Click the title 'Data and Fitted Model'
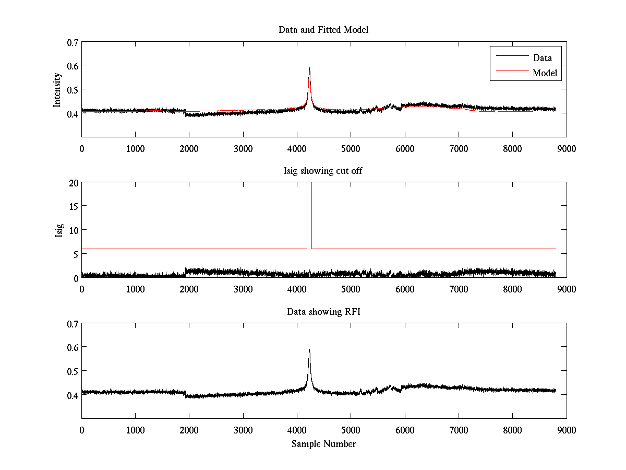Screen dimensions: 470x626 pyautogui.click(x=323, y=30)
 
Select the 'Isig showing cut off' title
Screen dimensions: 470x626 pyautogui.click(x=323, y=171)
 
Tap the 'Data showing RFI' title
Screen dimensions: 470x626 pyautogui.click(x=323, y=312)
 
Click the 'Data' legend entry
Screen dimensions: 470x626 pyautogui.click(x=542, y=58)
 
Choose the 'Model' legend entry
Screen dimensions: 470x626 pyautogui.click(x=545, y=73)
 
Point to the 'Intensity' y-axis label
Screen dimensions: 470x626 pyautogui.click(x=58, y=89)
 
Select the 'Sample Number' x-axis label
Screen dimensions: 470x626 pyautogui.click(x=323, y=444)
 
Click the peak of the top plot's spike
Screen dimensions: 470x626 pyautogui.click(x=309, y=68)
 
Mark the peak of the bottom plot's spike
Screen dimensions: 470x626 pyautogui.click(x=309, y=350)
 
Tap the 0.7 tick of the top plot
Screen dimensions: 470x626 pyautogui.click(x=73, y=42)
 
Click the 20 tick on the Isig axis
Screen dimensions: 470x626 pyautogui.click(x=73, y=183)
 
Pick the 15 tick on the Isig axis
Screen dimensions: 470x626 pyautogui.click(x=73, y=206)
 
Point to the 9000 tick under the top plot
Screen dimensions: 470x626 pyautogui.click(x=566, y=148)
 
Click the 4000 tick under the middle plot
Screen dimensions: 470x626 pyautogui.click(x=297, y=289)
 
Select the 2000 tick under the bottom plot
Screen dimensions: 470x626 pyautogui.click(x=189, y=430)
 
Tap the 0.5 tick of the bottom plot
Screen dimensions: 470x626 pyautogui.click(x=73, y=371)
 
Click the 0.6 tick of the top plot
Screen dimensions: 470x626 pyautogui.click(x=73, y=66)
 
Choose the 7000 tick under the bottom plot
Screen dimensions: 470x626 pyautogui.click(x=459, y=430)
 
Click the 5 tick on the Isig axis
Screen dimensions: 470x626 pyautogui.click(x=75, y=254)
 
